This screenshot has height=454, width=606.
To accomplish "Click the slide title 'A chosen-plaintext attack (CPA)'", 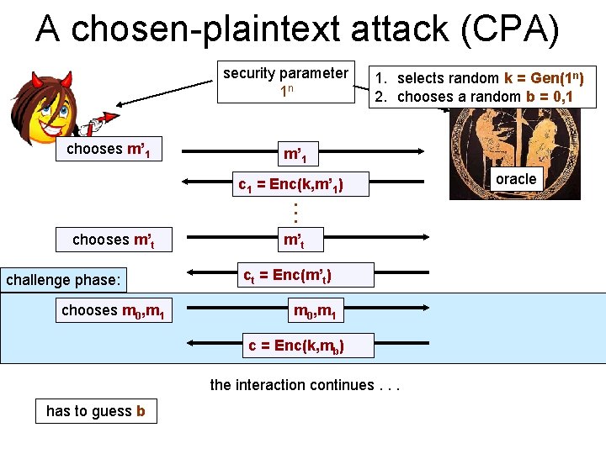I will point(297,29).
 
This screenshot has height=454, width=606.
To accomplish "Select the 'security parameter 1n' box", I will point(285,82).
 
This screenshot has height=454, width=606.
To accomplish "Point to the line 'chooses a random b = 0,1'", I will point(486,96).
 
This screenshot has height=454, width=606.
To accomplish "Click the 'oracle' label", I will point(515,179).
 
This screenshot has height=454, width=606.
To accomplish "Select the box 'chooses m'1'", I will point(108,150).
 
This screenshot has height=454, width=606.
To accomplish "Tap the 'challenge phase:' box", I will point(64,279).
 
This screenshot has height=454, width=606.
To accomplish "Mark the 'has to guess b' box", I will point(96,410).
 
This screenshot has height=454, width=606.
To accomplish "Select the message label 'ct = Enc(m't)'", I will point(286,275).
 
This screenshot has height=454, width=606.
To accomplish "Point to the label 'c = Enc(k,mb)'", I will point(295,344).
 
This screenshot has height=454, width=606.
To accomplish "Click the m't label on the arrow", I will point(292,240).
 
